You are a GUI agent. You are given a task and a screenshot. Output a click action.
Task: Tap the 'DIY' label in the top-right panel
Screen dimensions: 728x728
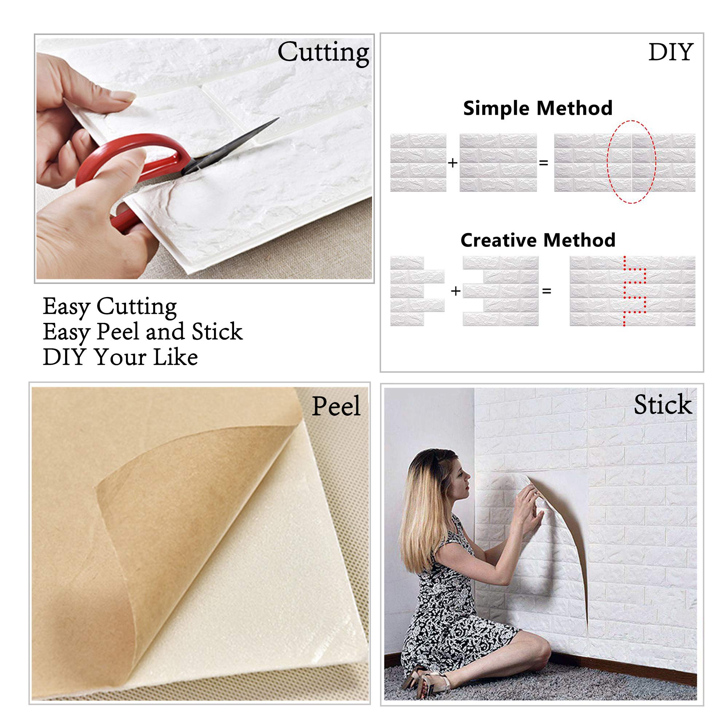(x=671, y=52)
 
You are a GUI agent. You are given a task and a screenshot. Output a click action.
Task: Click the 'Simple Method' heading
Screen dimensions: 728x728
(x=538, y=108)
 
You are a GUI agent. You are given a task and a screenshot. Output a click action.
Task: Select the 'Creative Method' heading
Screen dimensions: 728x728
(x=538, y=240)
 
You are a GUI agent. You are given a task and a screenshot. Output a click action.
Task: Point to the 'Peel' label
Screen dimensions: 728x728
(x=336, y=406)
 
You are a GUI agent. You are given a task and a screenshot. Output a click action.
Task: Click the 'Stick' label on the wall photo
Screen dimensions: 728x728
(x=662, y=405)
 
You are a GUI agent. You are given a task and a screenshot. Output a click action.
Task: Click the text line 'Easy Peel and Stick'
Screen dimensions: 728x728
(x=142, y=332)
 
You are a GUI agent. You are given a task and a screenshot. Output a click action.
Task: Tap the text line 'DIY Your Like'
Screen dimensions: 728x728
(x=120, y=357)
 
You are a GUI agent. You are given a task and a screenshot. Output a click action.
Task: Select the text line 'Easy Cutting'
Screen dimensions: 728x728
(x=110, y=306)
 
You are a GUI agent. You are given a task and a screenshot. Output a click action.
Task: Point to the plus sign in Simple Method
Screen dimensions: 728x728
(x=452, y=163)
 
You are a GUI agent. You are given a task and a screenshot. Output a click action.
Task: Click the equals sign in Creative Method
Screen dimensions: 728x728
(x=546, y=291)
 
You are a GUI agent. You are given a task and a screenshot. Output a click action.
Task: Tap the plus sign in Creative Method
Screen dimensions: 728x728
(x=456, y=291)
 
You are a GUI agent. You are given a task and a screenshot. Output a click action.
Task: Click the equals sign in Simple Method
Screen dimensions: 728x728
(x=543, y=163)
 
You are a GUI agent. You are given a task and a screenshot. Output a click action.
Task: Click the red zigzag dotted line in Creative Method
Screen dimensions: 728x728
(x=634, y=291)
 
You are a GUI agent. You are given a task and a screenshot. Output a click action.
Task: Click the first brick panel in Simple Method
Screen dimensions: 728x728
(x=418, y=163)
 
